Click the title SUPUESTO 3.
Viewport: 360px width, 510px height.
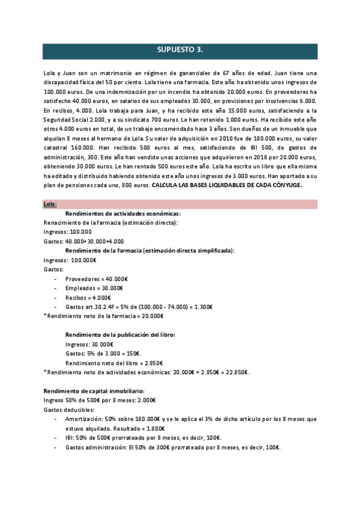[x=179, y=51]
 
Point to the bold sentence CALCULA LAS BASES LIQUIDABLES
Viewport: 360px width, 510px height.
[x=227, y=185]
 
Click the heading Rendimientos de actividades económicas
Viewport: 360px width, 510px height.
[x=123, y=214]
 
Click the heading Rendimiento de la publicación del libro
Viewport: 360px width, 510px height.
[x=120, y=334]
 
